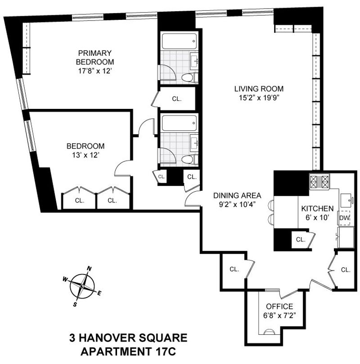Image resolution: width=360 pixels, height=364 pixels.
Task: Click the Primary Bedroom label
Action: [95, 58]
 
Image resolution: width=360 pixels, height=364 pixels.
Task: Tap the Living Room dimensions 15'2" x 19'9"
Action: [259, 98]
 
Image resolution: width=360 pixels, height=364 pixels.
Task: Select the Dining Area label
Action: [237, 195]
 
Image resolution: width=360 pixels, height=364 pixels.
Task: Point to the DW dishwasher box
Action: [345, 218]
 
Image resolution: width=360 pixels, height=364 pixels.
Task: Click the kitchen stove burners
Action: [319, 182]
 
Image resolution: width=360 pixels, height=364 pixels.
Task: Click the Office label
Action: [279, 306]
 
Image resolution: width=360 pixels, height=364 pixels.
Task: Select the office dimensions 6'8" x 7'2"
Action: [279, 315]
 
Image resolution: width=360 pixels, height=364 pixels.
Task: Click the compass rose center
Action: [82, 287]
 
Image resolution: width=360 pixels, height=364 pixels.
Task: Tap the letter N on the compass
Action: [89, 269]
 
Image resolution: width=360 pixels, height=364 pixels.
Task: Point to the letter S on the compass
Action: [75, 304]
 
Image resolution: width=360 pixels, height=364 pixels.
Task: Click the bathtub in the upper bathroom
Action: [179, 41]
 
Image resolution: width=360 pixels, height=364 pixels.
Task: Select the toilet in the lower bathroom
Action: [189, 159]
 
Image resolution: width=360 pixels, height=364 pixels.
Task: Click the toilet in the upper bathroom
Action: [189, 77]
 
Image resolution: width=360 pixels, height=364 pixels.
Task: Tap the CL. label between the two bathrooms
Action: [177, 99]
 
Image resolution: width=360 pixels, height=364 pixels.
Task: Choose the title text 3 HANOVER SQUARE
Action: [128, 338]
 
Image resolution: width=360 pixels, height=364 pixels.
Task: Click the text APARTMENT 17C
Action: [128, 352]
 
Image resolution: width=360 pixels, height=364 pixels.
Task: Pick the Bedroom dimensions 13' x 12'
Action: [85, 155]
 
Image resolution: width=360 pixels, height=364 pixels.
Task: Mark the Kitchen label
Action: [317, 208]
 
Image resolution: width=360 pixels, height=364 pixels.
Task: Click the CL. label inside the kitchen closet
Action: [301, 239]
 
